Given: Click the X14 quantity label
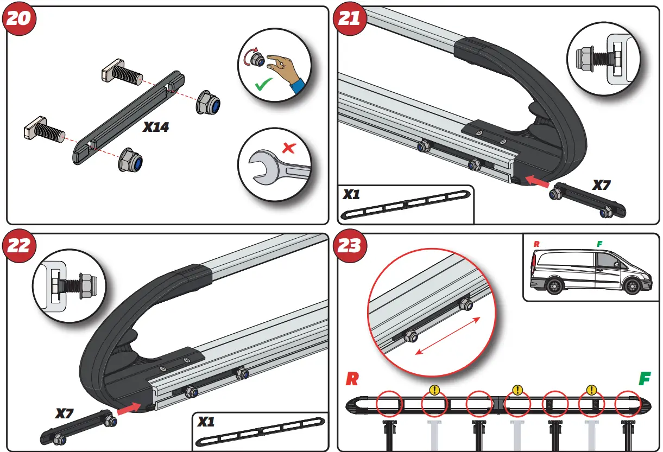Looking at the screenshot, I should (x=156, y=128).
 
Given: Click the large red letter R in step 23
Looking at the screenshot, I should (x=352, y=379).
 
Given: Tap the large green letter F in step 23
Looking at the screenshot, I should (x=644, y=379).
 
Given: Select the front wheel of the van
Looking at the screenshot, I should (x=632, y=286).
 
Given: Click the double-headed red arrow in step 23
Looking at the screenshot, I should (x=448, y=335).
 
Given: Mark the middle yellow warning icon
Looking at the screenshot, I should (x=517, y=390).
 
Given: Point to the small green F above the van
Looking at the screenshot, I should (x=599, y=244).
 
